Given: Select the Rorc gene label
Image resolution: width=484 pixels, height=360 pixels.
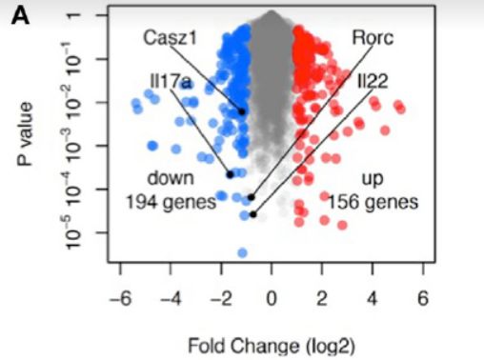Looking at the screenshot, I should pyautogui.click(x=373, y=38).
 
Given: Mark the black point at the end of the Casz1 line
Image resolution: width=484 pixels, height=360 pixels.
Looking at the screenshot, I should pyautogui.click(x=242, y=111).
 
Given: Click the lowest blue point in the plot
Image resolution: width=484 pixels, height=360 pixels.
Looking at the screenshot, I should pyautogui.click(x=243, y=252).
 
